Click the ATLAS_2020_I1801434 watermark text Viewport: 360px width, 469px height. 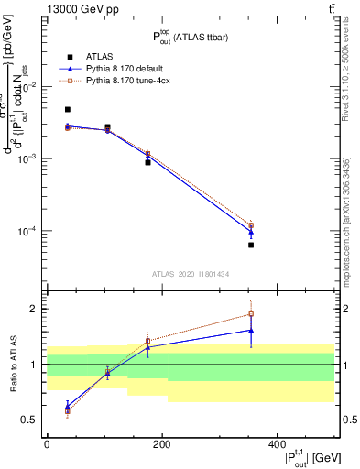click(191, 274)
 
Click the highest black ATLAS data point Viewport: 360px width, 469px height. click(68, 109)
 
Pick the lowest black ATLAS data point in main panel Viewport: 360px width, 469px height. click(328, 245)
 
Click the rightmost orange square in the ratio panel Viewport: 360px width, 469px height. click(328, 314)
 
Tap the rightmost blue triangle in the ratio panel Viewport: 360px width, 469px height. click(328, 330)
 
